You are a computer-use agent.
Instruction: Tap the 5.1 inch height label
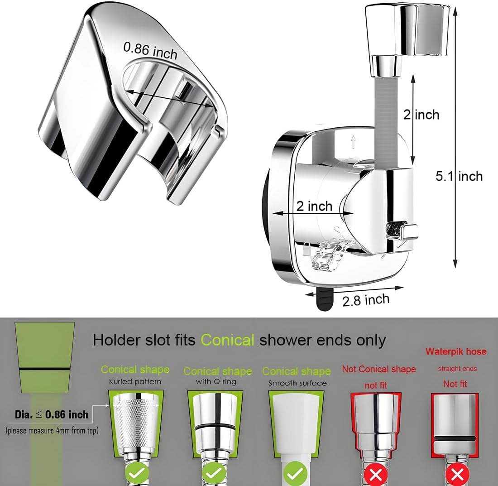tap(459, 176)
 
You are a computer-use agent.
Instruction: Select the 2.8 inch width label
tap(366, 300)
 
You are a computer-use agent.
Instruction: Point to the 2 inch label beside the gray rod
tap(421, 114)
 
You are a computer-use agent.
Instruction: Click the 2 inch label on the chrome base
tap(315, 206)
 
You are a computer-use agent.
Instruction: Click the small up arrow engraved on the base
tap(353, 142)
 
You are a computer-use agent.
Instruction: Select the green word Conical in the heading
tap(227, 340)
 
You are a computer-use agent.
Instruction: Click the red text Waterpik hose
tap(456, 351)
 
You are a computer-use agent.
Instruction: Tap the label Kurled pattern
tap(135, 381)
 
